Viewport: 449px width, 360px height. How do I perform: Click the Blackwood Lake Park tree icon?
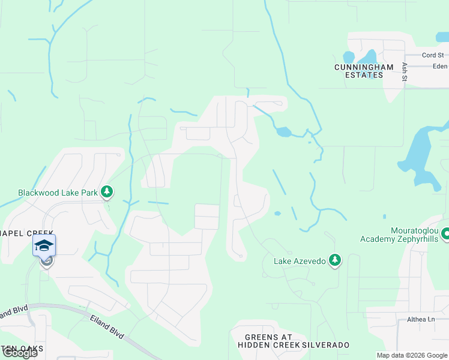click(x=107, y=192)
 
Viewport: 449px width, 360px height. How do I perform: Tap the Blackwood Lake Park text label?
click(x=58, y=193)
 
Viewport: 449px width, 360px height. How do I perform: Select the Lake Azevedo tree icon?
click(x=335, y=260)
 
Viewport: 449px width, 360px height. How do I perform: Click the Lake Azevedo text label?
click(x=299, y=261)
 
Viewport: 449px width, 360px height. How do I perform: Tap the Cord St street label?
click(x=433, y=55)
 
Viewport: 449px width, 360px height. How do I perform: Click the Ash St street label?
click(x=405, y=71)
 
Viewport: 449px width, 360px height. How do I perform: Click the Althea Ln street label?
click(x=420, y=320)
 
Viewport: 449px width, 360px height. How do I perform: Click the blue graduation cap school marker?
click(x=44, y=245)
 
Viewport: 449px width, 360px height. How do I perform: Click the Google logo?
click(x=19, y=353)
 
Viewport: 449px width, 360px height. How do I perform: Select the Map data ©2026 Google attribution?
click(x=411, y=355)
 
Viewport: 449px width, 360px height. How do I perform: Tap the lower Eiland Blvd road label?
click(x=107, y=326)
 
